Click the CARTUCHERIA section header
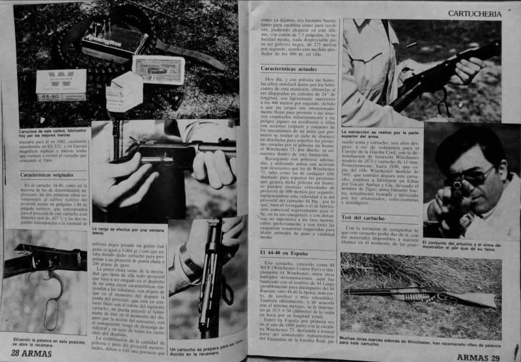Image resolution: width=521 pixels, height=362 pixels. pyautogui.click(x=482, y=12)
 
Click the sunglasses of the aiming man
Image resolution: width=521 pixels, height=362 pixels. pyautogui.click(x=479, y=174)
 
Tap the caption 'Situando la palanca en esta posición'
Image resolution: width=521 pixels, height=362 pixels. pyautogui.click(x=44, y=343)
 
